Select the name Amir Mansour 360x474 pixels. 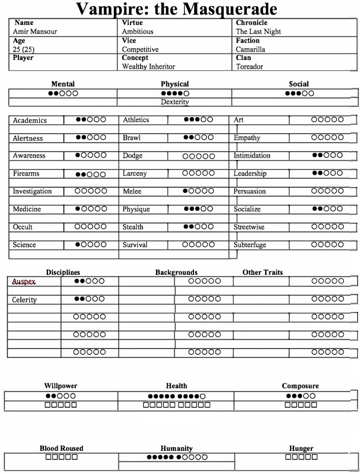point(35,32)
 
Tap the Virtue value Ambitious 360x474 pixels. point(138,32)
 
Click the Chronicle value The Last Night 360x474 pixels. point(258,32)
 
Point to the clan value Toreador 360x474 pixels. point(249,66)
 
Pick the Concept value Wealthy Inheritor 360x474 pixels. point(149,66)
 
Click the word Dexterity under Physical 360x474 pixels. point(175,102)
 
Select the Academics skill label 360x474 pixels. point(30,121)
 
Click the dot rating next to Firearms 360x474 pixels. point(90,174)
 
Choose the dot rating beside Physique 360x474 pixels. point(198,209)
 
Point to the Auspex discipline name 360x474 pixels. point(24,282)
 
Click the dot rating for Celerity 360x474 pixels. point(90,299)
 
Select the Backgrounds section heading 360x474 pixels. point(176,272)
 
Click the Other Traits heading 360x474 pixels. point(262,272)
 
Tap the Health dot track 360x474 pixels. point(176,396)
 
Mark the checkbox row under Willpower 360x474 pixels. point(61,405)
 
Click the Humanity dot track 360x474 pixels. point(176,457)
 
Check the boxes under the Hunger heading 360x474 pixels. point(300,457)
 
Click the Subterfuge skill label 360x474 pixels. point(250,245)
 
